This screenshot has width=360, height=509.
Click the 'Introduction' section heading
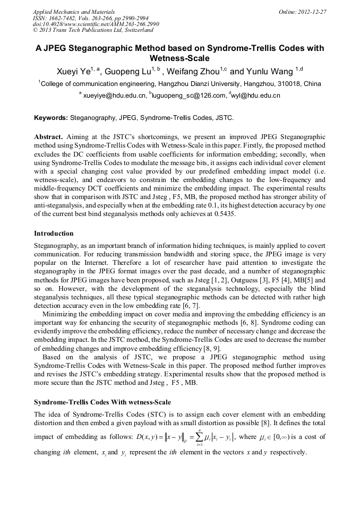pos(54,233)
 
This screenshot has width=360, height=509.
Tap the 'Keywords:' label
pos(51,117)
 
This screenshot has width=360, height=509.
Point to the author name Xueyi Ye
pos(76,72)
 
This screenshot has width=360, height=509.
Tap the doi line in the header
pos(96,24)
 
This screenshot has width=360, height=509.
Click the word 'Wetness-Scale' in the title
pos(180,58)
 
